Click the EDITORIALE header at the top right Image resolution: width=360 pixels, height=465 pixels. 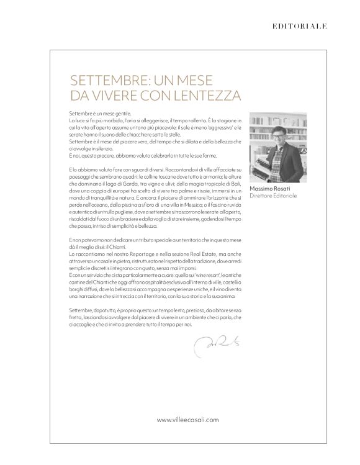point(300,26)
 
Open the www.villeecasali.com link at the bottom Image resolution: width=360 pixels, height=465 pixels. point(187,420)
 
